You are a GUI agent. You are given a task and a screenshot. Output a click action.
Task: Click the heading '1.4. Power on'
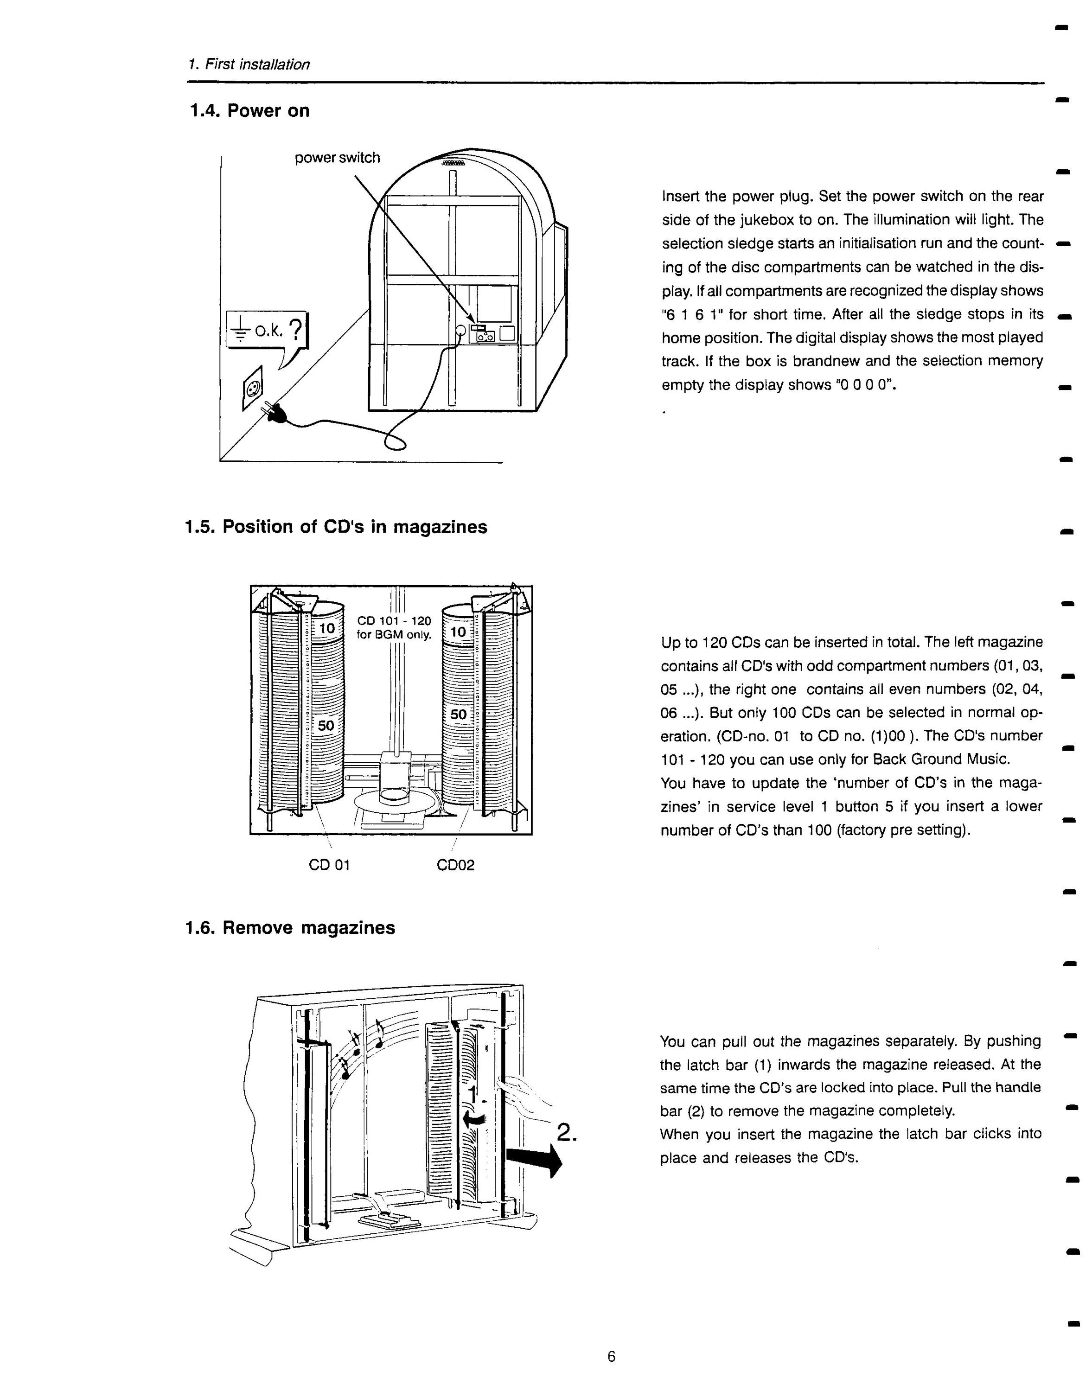click(249, 111)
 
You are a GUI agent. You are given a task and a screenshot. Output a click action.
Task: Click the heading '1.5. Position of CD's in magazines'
click(336, 527)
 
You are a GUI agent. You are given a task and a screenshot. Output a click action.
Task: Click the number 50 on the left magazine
click(326, 726)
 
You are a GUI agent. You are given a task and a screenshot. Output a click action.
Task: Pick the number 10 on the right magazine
click(459, 632)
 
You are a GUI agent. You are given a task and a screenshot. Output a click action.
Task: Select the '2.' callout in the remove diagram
click(567, 1131)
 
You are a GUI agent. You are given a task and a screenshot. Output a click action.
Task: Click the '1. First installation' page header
click(249, 64)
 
